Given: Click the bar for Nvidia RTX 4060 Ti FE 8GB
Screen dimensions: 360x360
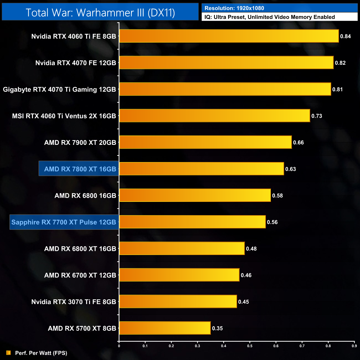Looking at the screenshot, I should point(229,36).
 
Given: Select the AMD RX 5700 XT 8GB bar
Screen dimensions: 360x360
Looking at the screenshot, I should point(165,328).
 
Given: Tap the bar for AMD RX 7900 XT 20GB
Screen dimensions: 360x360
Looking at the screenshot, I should point(205,142).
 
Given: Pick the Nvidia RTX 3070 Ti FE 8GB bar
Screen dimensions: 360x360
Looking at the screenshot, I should point(178,301).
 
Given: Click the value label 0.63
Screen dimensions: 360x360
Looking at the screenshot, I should point(290,169).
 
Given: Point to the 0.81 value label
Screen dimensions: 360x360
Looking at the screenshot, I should point(338,89).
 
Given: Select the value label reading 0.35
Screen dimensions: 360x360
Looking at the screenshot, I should point(217,328).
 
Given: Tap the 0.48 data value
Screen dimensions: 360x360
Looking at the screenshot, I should point(251,249).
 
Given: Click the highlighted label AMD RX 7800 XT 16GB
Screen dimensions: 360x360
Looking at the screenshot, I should point(80,169).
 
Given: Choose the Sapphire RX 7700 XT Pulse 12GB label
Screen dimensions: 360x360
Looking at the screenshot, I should point(64,222).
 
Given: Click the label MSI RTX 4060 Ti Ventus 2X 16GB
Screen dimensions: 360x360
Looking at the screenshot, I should point(64,116).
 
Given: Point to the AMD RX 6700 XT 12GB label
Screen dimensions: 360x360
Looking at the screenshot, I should point(80,275).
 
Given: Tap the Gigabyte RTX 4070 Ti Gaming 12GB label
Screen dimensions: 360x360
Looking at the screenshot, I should point(59,89).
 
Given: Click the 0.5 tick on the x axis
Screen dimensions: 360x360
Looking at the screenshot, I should point(250,346).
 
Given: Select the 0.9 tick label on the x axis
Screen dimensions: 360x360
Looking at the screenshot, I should point(354,346).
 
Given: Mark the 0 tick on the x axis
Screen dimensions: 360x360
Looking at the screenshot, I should point(119,346).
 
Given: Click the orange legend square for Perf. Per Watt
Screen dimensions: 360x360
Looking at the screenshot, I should point(9,353).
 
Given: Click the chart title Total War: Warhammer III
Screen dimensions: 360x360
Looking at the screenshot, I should point(100,12).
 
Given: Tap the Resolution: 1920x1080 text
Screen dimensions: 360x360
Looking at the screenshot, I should point(234,8).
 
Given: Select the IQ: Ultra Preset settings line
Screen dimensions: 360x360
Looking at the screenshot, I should point(269,17).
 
